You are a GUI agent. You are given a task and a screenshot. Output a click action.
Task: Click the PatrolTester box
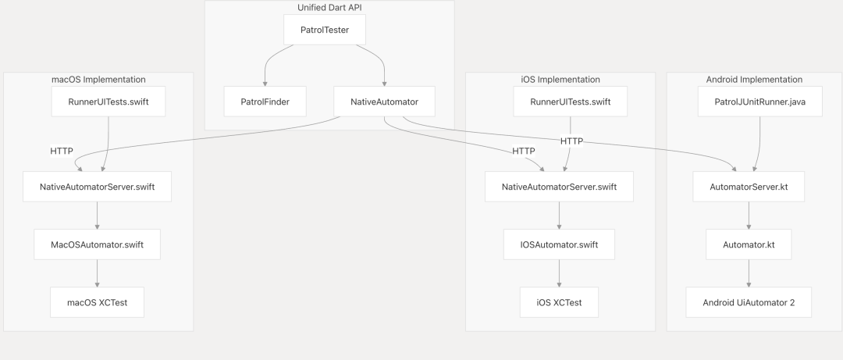coord(325,30)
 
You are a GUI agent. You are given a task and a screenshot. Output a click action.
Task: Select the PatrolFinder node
coord(265,102)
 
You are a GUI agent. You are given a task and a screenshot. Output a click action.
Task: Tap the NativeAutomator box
coord(384,102)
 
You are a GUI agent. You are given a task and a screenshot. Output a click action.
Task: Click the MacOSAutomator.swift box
coord(98,244)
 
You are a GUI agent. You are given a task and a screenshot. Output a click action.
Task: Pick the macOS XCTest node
coord(98,302)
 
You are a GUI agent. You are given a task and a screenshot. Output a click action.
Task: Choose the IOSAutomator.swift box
coord(559,244)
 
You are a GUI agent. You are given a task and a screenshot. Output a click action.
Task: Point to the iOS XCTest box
coord(559,302)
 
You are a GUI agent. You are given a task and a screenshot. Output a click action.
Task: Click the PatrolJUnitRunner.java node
coord(760,102)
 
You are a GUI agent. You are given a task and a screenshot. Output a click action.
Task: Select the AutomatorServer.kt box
coord(749,187)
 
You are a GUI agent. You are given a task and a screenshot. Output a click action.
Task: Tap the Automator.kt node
coord(749,244)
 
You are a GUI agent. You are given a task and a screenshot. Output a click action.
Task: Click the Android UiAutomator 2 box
coord(749,302)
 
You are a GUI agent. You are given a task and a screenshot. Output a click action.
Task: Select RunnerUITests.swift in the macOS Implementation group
coord(108,102)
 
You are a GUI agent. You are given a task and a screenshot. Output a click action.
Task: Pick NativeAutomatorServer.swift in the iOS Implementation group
coord(559,187)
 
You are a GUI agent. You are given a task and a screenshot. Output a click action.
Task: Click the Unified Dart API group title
coord(329,8)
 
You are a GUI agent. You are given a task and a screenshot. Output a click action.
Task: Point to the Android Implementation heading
coord(754,80)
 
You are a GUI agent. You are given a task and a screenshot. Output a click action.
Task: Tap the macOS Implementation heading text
coord(98,80)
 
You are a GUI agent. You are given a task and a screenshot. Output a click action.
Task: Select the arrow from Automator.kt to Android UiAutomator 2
coord(749,273)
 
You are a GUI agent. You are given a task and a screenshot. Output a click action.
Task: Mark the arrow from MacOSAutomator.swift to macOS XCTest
coord(98,273)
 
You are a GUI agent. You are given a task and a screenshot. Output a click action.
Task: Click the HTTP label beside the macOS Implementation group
coord(62,151)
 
